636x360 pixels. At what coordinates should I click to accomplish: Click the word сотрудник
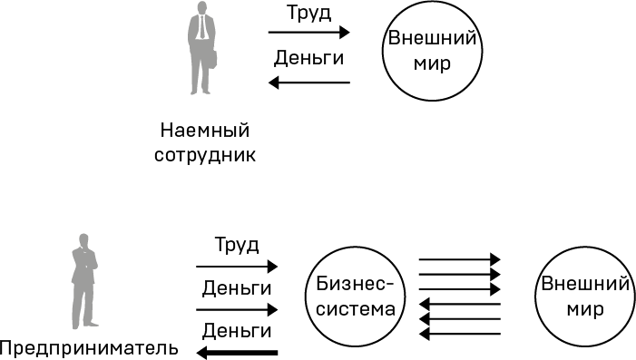tap(205, 155)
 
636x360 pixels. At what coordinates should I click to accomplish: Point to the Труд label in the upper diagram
tap(308, 15)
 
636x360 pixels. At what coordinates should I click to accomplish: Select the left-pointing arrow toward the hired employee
tap(308, 83)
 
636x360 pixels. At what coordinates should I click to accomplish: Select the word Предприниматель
tap(90, 348)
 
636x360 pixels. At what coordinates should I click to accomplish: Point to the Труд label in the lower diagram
tap(237, 245)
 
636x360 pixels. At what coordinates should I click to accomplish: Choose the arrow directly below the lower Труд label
tap(237, 267)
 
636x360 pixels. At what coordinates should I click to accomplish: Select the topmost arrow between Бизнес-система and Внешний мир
tap(459, 259)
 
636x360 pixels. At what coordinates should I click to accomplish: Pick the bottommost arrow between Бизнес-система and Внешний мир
tap(459, 334)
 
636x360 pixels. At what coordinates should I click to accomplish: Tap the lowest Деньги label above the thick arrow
tap(237, 330)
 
